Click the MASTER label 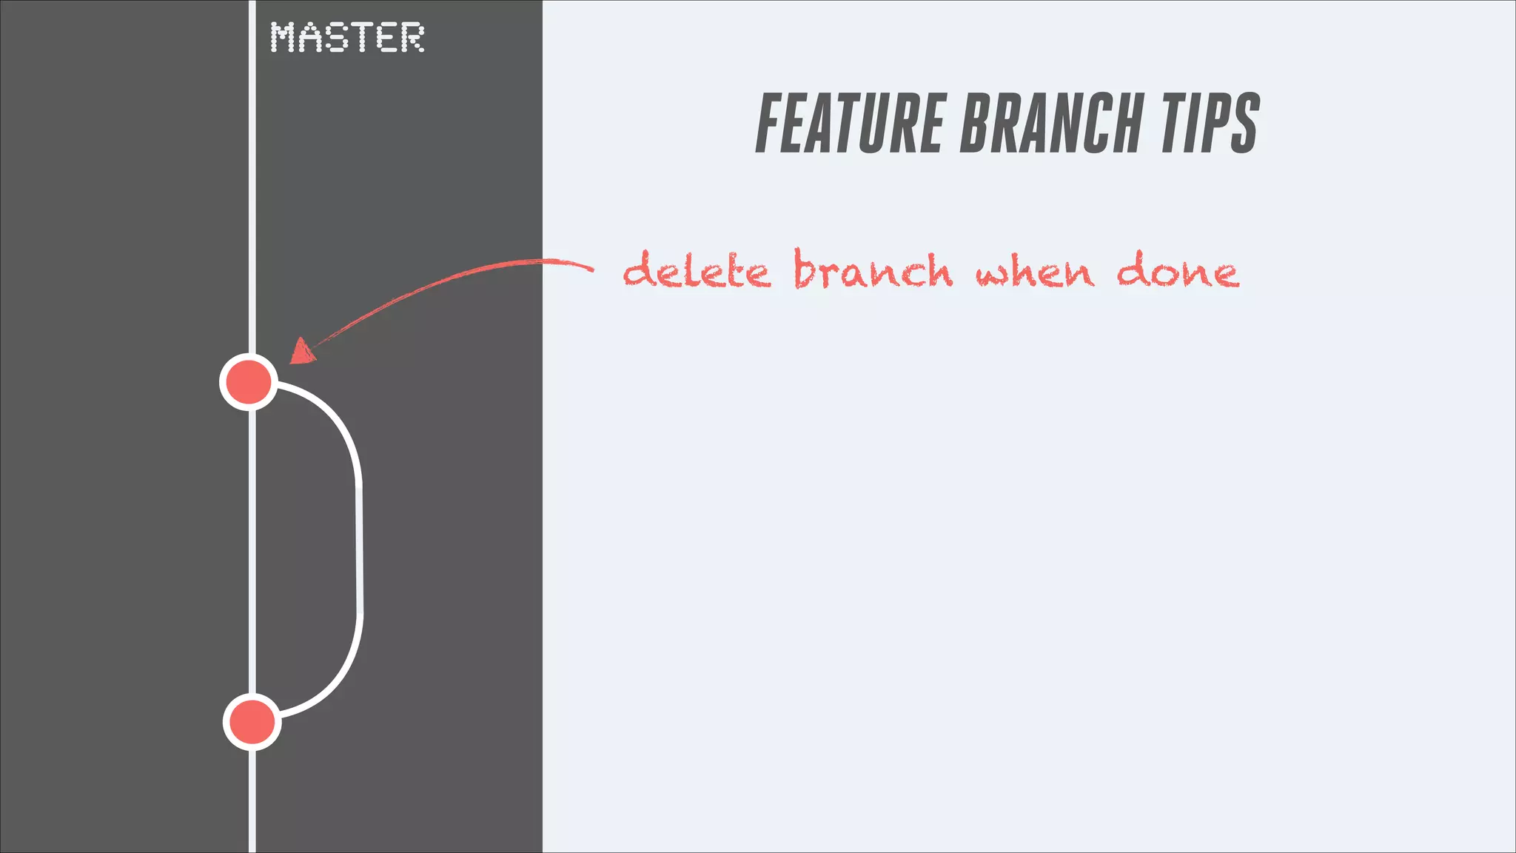[x=347, y=37]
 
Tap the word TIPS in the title [x=1210, y=124]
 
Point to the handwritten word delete [x=697, y=271]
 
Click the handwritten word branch [x=873, y=270]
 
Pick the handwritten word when [x=1034, y=272]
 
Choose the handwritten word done [x=1177, y=271]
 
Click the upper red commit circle [x=249, y=382]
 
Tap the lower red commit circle [x=252, y=722]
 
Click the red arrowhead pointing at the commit [x=301, y=352]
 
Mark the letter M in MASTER [x=284, y=37]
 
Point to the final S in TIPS [x=1245, y=124]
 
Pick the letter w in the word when [x=991, y=275]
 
